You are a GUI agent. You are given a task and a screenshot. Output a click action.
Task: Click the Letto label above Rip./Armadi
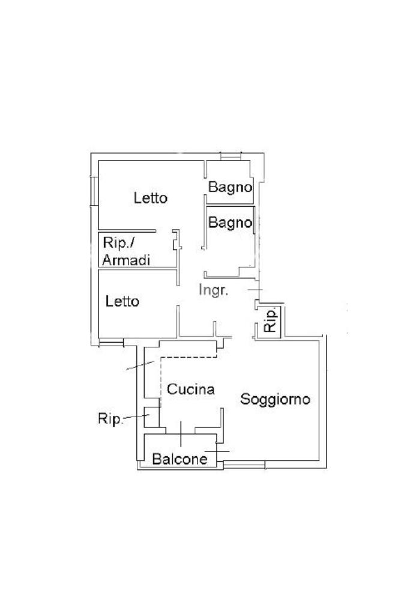pos(150,198)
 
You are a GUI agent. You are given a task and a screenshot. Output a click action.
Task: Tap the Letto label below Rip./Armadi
pos(122,301)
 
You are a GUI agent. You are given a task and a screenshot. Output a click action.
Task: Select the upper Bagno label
pos(229,187)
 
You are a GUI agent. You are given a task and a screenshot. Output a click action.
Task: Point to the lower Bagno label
pos(229,222)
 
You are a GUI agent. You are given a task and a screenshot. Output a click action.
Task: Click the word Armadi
pos(126,260)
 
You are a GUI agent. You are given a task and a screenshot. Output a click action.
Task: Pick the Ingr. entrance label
pos(214,291)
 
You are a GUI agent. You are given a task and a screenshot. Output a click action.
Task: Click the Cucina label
pos(191,390)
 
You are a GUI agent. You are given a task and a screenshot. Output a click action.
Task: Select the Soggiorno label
pos(275,399)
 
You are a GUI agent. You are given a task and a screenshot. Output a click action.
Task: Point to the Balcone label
pos(179,459)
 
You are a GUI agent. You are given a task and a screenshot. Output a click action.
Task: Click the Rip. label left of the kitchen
pos(111,419)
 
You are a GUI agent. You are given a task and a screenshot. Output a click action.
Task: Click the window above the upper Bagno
pos(231,157)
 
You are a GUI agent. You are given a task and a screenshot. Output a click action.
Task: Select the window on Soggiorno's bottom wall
pos(244,464)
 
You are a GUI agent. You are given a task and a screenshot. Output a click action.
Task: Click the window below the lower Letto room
pos(110,343)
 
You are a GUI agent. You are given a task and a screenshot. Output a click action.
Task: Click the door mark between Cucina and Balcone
pos(181,431)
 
